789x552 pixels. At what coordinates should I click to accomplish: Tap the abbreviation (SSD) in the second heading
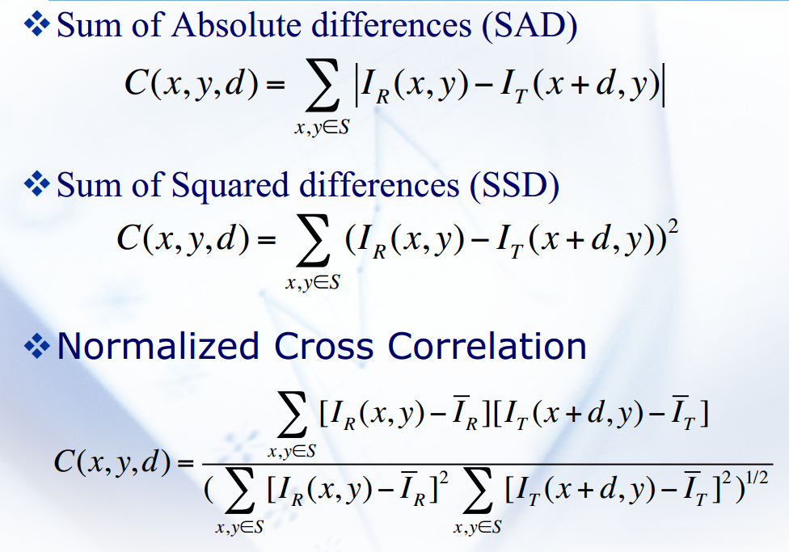click(x=515, y=185)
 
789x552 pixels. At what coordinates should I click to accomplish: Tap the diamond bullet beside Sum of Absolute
click(x=37, y=23)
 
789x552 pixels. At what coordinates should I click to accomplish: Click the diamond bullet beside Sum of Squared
click(x=37, y=183)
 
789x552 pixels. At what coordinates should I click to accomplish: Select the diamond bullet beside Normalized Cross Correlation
click(x=37, y=345)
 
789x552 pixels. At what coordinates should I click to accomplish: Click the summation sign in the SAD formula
click(x=322, y=88)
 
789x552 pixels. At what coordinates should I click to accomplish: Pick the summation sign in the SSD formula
click(x=313, y=242)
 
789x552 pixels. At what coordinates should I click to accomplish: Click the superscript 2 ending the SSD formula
click(x=673, y=226)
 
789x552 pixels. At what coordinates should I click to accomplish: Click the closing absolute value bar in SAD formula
click(x=664, y=86)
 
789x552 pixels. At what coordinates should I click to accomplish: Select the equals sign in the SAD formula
click(x=275, y=85)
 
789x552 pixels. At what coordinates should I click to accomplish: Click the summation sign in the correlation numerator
click(x=293, y=415)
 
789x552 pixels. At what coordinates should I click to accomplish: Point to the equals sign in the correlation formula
click(x=185, y=462)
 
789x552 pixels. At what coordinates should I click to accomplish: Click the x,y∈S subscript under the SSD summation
click(x=313, y=282)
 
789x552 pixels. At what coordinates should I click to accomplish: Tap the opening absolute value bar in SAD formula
click(x=357, y=86)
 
